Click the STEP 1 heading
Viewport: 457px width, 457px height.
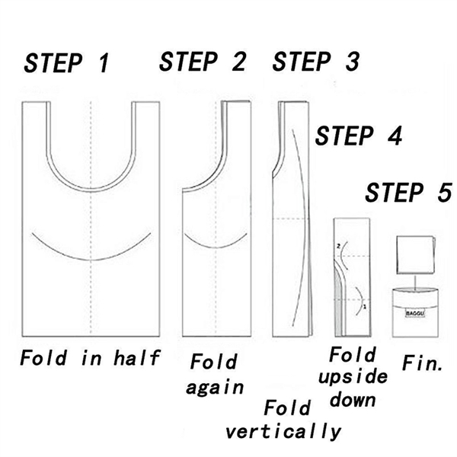tap(67, 64)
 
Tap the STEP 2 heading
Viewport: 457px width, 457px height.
tap(203, 62)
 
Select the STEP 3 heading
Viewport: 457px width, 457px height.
tap(315, 62)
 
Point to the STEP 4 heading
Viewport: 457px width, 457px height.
tap(358, 136)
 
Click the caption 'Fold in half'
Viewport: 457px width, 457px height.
tap(90, 357)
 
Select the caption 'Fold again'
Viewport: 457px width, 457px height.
tap(216, 373)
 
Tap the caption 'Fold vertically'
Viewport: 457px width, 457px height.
tap(283, 419)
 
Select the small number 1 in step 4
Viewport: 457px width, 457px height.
tap(365, 306)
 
